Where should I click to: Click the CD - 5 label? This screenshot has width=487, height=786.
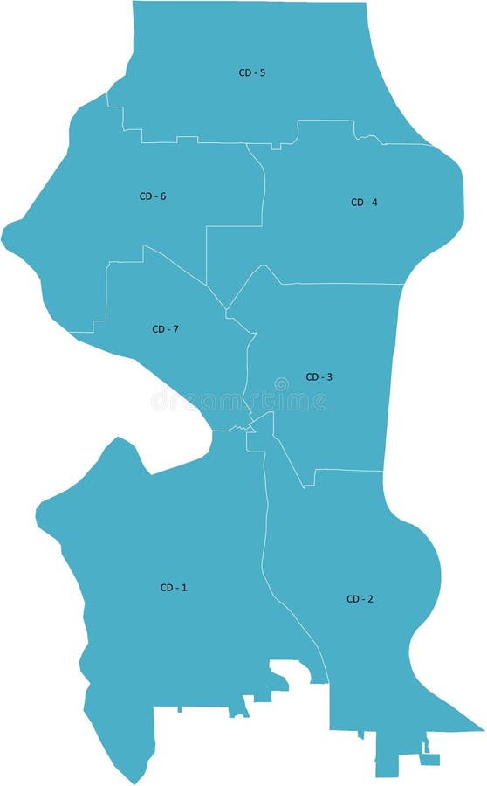[251, 72]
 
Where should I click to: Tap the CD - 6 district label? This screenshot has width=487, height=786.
[152, 196]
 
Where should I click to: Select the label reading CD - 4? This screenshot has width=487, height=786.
[364, 203]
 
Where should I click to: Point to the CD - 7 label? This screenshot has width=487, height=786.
[165, 329]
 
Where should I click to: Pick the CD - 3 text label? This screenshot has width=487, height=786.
[319, 377]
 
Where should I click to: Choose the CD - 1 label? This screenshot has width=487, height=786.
[173, 588]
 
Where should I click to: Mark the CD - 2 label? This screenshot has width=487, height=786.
[360, 599]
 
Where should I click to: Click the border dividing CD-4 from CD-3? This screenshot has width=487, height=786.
[340, 283]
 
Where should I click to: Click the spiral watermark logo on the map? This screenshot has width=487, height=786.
[281, 383]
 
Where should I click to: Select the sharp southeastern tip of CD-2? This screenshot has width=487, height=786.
[482, 728]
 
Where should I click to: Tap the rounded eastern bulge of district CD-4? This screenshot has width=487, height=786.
[460, 201]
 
